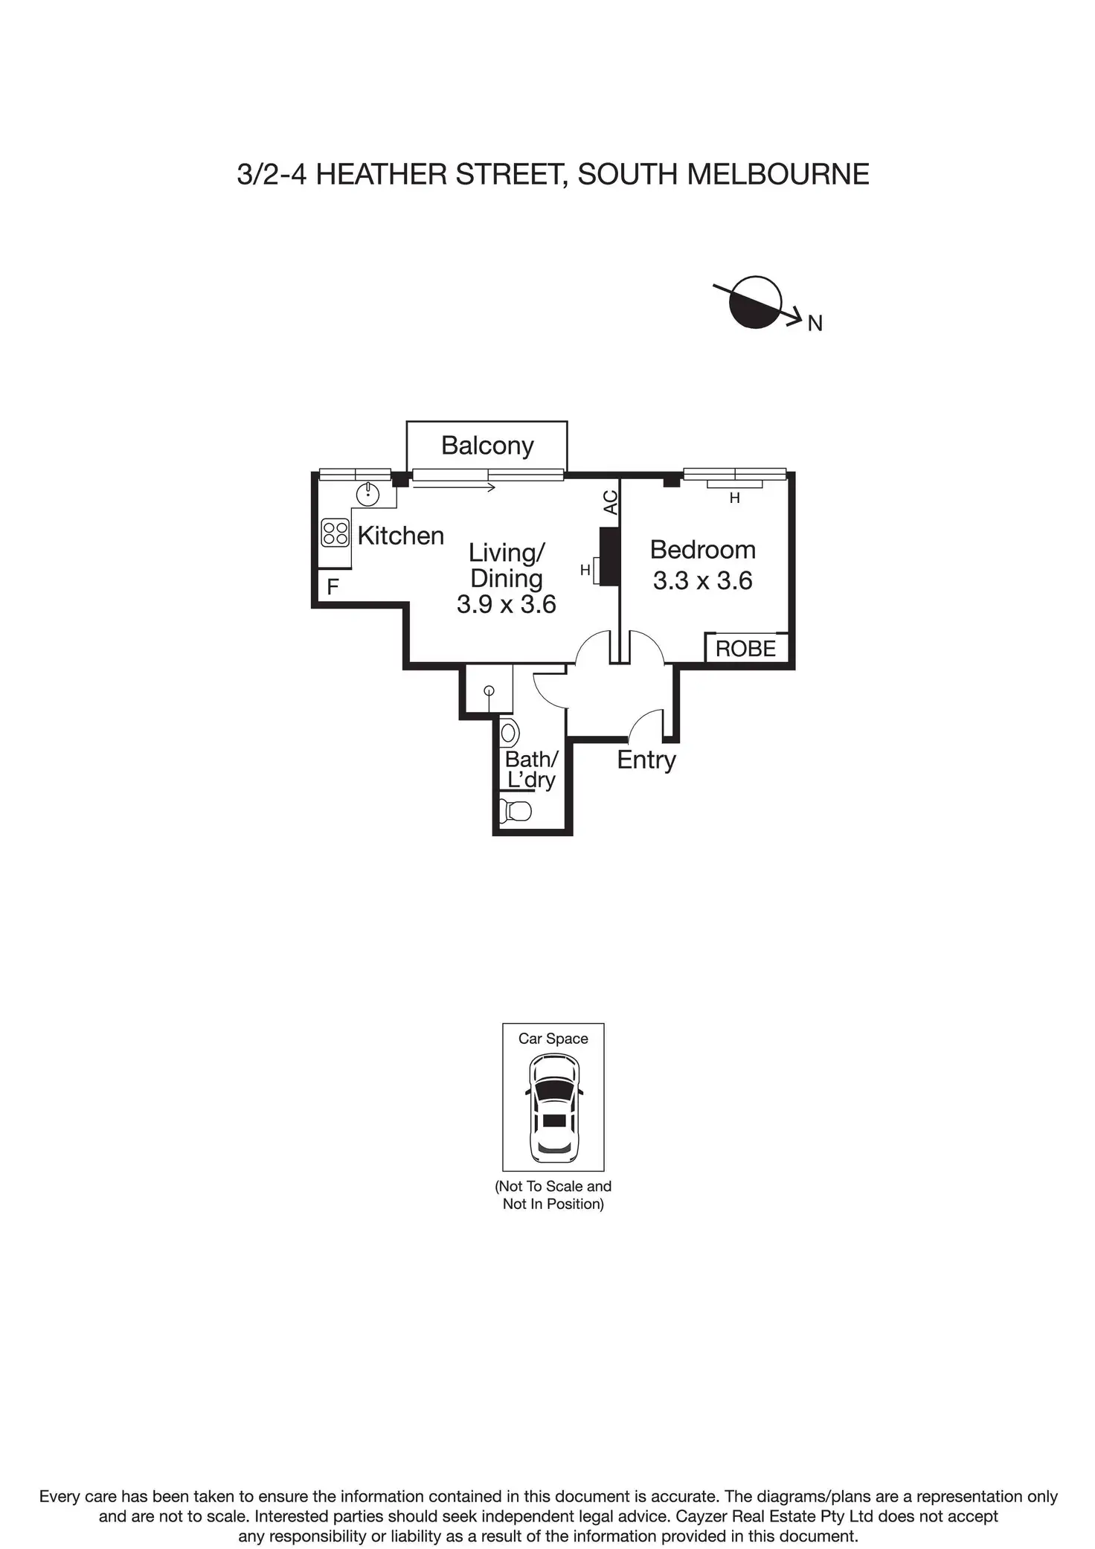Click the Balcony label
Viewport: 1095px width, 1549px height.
coord(487,446)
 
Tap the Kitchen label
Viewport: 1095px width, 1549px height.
coord(400,536)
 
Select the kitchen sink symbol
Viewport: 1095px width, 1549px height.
coord(368,493)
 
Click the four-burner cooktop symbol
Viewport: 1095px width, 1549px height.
coord(335,533)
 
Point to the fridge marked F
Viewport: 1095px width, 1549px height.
coord(333,587)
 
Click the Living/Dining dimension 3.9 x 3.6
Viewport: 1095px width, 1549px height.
coord(507,604)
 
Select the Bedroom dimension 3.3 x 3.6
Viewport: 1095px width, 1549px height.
coord(703,580)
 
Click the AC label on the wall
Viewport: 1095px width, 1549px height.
coord(611,502)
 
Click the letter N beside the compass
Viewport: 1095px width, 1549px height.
coord(815,323)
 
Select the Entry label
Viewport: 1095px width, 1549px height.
coord(646,760)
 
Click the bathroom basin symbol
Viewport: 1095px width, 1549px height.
coord(510,734)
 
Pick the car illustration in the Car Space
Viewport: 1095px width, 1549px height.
coord(553,1109)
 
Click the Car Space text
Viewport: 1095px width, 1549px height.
coord(553,1039)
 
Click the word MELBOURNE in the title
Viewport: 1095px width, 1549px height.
coord(777,175)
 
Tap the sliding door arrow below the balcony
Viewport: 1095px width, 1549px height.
coord(454,488)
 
